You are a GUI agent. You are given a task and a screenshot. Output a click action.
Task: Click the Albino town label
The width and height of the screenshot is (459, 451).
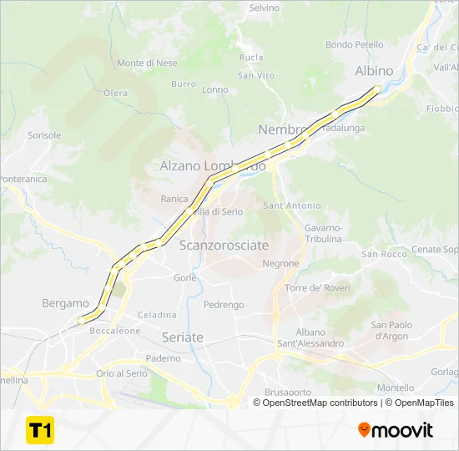click(x=374, y=71)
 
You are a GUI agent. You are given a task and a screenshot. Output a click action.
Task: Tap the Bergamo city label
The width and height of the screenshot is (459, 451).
click(x=65, y=303)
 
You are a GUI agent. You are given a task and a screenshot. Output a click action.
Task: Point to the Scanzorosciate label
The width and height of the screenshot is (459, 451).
click(x=224, y=246)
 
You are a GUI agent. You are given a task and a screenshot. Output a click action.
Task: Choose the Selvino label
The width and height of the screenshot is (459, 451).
click(x=265, y=8)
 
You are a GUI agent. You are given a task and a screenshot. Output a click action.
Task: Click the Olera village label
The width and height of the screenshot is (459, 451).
click(x=115, y=93)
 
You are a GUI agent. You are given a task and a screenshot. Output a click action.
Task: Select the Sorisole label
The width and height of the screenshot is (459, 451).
click(x=44, y=134)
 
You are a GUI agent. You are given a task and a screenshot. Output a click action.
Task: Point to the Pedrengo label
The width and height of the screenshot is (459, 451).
click(x=223, y=305)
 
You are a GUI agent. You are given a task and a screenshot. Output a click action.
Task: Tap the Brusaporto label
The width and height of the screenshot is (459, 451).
click(x=287, y=392)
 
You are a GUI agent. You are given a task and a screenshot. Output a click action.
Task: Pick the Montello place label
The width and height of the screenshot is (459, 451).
click(x=396, y=388)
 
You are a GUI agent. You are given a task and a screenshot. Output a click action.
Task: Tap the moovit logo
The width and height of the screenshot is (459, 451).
click(x=396, y=430)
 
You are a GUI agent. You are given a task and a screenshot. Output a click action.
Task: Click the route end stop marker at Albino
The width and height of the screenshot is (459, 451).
click(x=377, y=89)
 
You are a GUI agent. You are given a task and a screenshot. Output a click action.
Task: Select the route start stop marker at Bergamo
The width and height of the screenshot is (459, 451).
click(x=81, y=320)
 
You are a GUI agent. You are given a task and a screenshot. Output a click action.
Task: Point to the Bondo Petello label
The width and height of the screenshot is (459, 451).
click(x=355, y=44)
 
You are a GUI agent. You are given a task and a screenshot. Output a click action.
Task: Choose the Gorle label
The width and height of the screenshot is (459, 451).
click(x=184, y=277)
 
